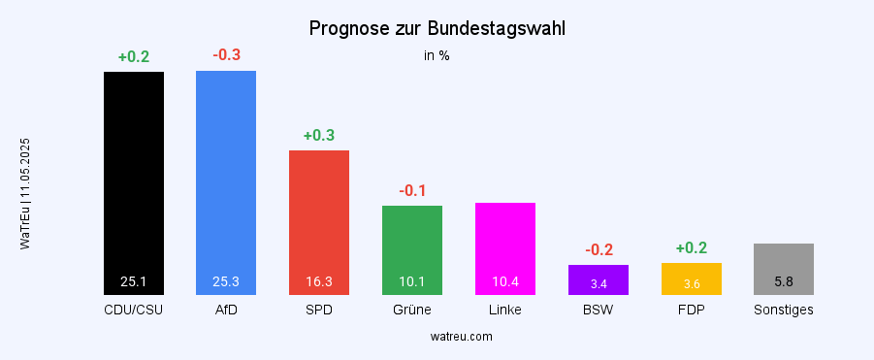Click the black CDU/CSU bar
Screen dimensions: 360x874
(x=134, y=175)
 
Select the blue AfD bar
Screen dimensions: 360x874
(x=226, y=175)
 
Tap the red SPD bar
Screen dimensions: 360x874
(x=319, y=213)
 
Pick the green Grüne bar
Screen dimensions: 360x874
(x=412, y=243)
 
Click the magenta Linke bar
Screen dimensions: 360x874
(x=505, y=243)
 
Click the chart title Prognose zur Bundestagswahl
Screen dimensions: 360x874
(x=437, y=29)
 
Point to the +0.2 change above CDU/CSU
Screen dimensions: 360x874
(x=134, y=56)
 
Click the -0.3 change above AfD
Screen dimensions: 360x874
(x=226, y=54)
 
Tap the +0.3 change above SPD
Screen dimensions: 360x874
(x=319, y=135)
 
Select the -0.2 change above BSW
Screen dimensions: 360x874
(x=599, y=249)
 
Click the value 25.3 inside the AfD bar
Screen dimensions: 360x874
(x=226, y=282)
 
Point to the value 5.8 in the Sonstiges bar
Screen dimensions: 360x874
(x=784, y=282)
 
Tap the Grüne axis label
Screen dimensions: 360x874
(x=412, y=311)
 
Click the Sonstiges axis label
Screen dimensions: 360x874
(x=784, y=311)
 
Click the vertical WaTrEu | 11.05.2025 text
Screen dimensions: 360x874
(x=25, y=194)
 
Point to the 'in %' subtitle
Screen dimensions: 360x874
(x=437, y=56)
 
